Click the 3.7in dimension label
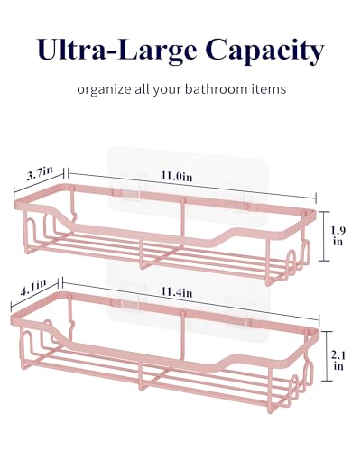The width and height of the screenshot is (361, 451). (x=40, y=173)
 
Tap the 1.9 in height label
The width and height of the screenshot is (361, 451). (x=338, y=235)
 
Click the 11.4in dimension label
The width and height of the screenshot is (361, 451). (x=177, y=291)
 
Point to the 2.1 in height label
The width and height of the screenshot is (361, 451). (x=338, y=361)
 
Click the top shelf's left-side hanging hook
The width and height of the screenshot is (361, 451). (x=73, y=208)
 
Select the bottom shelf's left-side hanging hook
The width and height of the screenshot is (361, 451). (x=71, y=318)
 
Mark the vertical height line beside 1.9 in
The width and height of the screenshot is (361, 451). (x=324, y=236)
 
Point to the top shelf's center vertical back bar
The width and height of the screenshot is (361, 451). (x=182, y=223)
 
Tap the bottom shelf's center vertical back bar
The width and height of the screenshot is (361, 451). (x=182, y=336)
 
